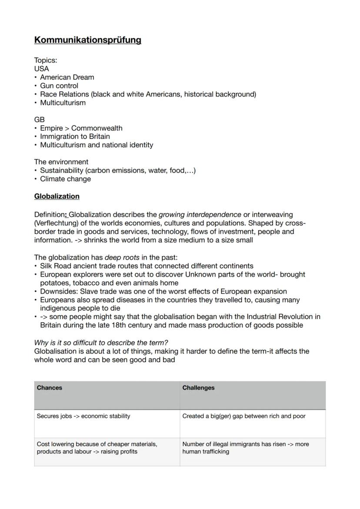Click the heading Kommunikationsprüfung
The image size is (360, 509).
click(88, 40)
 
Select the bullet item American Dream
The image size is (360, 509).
click(67, 77)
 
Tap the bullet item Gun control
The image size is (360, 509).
click(59, 86)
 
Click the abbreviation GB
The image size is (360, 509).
click(40, 120)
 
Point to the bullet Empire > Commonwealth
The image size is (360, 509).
click(81, 128)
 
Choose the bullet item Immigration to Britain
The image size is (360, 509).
click(75, 136)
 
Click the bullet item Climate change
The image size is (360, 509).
click(66, 179)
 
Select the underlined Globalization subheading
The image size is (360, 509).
click(57, 196)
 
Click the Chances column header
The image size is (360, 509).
click(50, 388)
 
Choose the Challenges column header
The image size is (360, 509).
click(198, 388)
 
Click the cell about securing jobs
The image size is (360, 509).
click(83, 416)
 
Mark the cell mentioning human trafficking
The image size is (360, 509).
click(246, 448)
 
